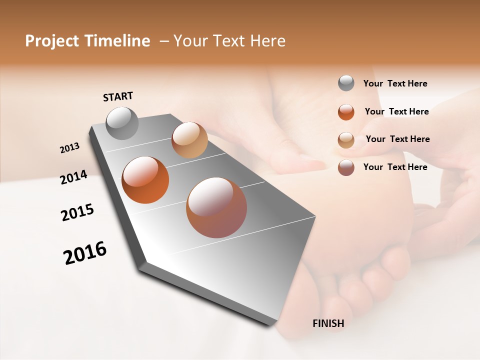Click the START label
click(x=118, y=96)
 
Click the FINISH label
click(x=328, y=323)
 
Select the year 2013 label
click(x=70, y=148)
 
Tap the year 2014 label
click(x=73, y=177)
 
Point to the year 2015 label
click(x=77, y=212)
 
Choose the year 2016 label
click(x=85, y=252)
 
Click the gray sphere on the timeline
click(x=122, y=123)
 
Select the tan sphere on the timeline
click(x=189, y=140)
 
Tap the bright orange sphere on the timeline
click(x=145, y=180)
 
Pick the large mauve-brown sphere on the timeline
click(x=216, y=207)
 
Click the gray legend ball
click(x=346, y=83)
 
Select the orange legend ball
click(x=346, y=112)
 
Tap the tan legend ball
click(x=346, y=140)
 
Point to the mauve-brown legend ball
click(x=346, y=167)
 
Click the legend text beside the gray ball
click(x=395, y=83)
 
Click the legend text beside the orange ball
click(x=396, y=111)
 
